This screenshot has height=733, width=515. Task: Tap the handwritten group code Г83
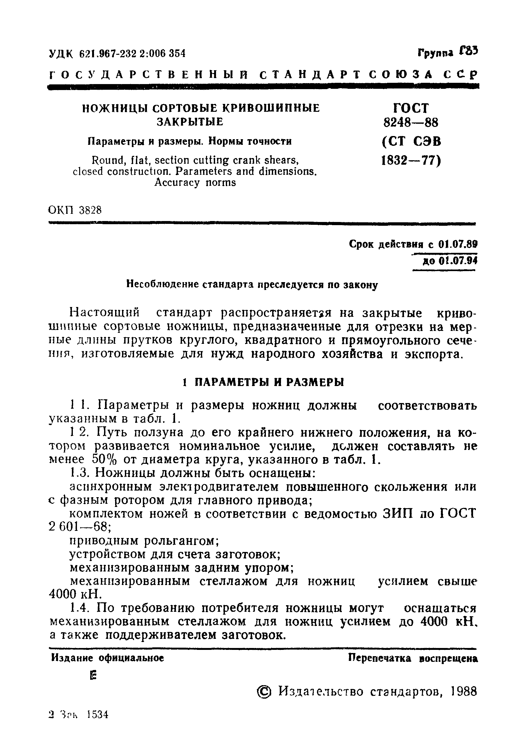coord(468,51)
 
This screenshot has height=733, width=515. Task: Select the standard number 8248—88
coord(411,122)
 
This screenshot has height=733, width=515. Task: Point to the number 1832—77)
coord(411,160)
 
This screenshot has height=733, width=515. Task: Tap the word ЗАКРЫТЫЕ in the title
coord(190,122)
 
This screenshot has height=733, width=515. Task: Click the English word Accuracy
coord(174,182)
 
